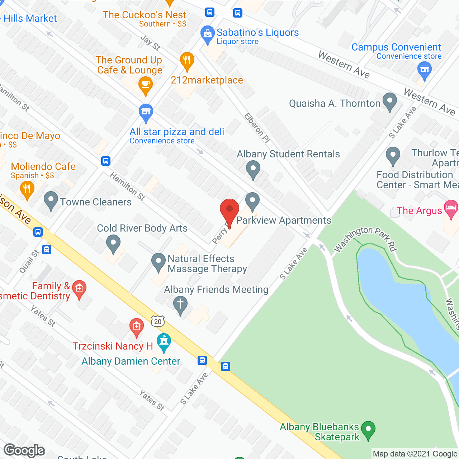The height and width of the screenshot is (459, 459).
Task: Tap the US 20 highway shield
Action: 158,321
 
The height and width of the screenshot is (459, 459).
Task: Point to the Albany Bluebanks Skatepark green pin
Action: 368,429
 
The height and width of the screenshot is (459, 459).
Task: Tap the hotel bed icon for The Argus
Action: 451,208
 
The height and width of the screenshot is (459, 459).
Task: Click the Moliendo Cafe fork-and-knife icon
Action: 27,189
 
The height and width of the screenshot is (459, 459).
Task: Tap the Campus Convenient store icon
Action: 424,69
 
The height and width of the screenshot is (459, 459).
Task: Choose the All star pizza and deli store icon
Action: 146,112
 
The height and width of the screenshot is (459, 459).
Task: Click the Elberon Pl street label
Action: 257,127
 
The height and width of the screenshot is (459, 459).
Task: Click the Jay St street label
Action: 150,43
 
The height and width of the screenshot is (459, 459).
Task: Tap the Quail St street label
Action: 29,261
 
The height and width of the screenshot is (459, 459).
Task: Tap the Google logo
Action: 24,450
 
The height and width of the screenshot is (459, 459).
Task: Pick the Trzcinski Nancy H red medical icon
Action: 136,327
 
